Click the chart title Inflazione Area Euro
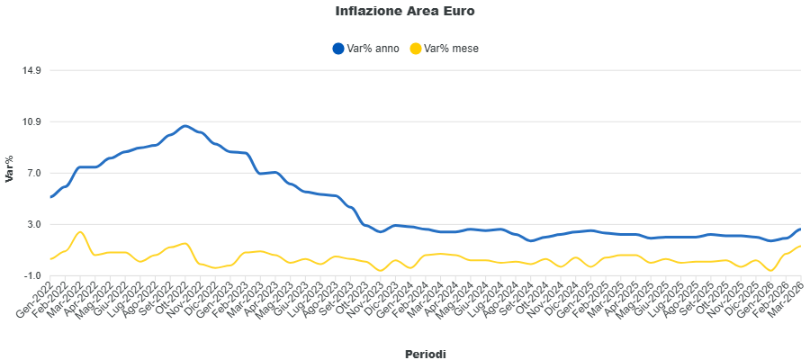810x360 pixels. click(x=404, y=12)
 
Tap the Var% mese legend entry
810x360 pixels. click(x=451, y=49)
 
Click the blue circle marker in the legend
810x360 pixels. click(x=338, y=49)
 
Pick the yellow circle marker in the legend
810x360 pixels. click(x=415, y=49)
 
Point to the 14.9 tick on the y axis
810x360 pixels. click(x=31, y=70)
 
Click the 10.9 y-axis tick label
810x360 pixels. click(x=31, y=121)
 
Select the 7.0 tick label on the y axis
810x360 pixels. click(x=33, y=173)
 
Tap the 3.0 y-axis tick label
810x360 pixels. click(x=33, y=224)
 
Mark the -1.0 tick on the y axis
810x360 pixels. click(x=32, y=275)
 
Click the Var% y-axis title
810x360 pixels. click(x=10, y=169)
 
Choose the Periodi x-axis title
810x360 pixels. click(x=425, y=354)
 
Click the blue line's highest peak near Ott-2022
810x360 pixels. click(x=184, y=126)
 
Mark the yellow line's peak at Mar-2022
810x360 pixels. click(x=81, y=232)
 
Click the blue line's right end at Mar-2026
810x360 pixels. click(x=800, y=229)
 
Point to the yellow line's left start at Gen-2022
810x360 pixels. click(x=51, y=259)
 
